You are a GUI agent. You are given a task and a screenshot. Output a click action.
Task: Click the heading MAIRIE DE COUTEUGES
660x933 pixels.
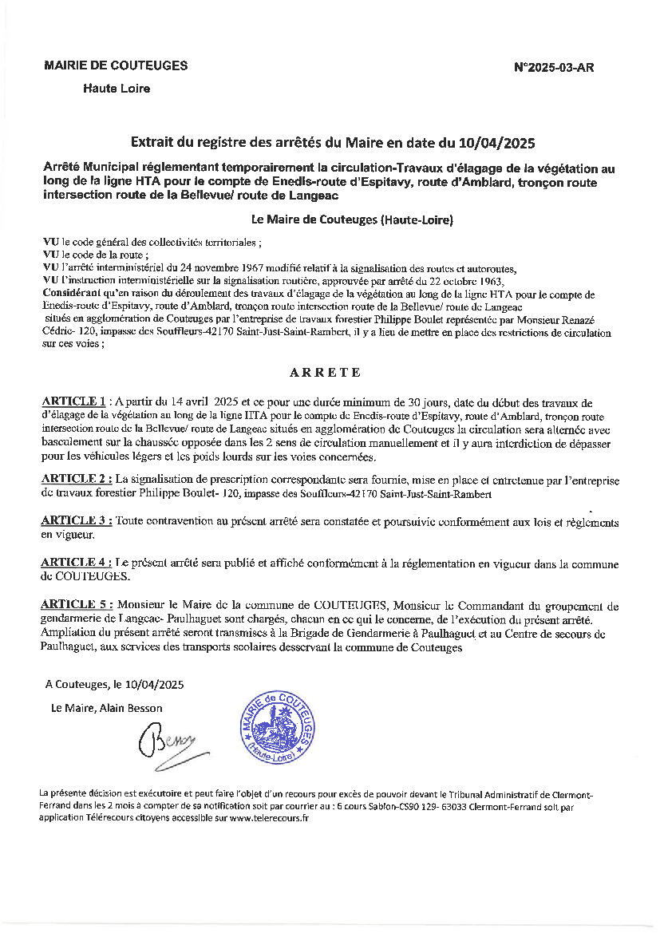tap(116, 65)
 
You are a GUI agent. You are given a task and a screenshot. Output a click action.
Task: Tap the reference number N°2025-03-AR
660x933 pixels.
tap(554, 68)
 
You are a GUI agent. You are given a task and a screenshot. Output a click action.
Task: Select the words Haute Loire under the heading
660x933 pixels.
tap(117, 89)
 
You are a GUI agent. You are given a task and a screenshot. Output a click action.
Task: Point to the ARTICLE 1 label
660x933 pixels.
tap(73, 401)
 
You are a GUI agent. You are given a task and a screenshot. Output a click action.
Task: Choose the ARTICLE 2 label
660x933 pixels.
tap(76, 480)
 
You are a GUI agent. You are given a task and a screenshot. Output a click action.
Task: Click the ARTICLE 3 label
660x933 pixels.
tap(76, 520)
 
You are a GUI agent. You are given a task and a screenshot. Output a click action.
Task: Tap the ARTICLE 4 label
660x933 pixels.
tap(76, 563)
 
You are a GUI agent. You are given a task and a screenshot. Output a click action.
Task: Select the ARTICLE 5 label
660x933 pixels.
tap(76, 605)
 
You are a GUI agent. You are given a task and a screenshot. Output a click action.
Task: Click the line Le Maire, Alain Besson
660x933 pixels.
tap(106, 708)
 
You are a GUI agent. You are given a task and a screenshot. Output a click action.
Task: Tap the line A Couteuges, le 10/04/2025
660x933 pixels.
tap(115, 684)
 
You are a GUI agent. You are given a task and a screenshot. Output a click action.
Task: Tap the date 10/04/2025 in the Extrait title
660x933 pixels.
tap(497, 144)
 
